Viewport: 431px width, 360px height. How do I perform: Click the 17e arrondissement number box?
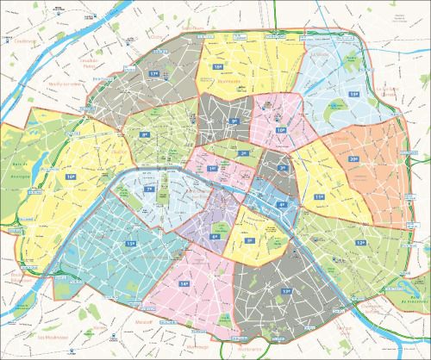[155, 75]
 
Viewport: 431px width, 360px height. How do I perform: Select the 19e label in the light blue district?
[353, 92]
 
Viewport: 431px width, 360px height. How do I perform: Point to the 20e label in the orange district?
[353, 159]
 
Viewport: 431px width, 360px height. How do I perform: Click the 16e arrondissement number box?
[70, 176]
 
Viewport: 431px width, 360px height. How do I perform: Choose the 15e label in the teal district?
[131, 245]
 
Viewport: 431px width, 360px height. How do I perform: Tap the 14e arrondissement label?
[184, 283]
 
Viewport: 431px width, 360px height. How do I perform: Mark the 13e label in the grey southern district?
[285, 292]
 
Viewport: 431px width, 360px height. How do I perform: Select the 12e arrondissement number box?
[359, 243]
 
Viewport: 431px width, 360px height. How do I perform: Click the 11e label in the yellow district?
[319, 197]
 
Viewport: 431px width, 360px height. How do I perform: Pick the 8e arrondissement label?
[146, 135]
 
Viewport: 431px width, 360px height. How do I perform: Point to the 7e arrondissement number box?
[149, 189]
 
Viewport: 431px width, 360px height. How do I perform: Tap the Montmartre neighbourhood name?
[229, 84]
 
